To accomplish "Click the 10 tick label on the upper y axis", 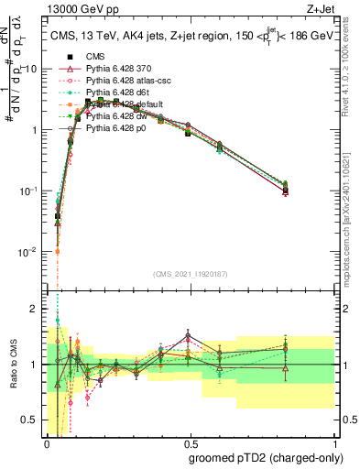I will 29,70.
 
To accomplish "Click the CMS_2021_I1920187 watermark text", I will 191,273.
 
